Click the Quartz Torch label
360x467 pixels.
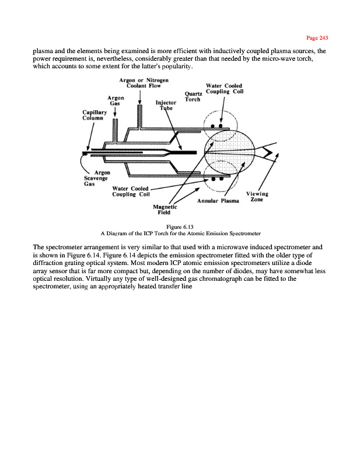(x=193, y=96)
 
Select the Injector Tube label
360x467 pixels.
(x=166, y=106)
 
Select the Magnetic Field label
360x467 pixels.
(x=165, y=210)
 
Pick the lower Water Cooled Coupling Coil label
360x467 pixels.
(x=131, y=191)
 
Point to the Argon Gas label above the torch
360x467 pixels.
(x=114, y=101)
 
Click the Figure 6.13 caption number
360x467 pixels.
(x=180, y=226)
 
